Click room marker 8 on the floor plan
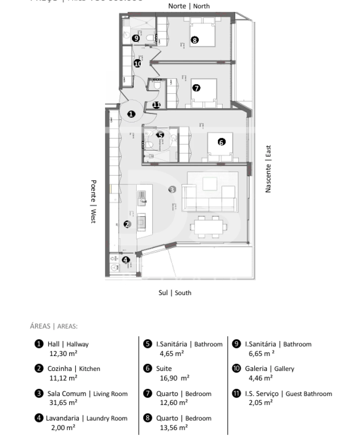point(194,40)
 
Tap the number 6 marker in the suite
point(221,142)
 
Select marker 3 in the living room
point(172,189)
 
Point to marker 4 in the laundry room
point(125,260)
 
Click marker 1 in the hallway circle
point(131,114)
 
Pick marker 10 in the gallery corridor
point(138,64)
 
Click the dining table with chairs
point(208,227)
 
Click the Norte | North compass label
point(189,6)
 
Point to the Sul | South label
point(175,293)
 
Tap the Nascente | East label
point(268,169)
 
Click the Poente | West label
point(93,201)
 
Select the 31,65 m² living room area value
point(63,402)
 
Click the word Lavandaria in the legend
point(62,418)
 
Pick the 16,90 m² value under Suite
point(174,378)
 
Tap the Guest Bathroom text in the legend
point(309,394)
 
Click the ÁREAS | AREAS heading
point(54,326)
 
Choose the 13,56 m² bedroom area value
point(174,427)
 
